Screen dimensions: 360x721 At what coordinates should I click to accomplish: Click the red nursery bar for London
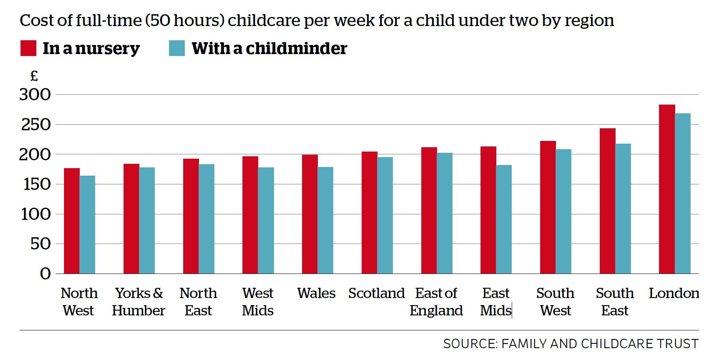pyautogui.click(x=667, y=189)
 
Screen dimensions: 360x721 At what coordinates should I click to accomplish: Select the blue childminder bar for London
pyautogui.click(x=683, y=193)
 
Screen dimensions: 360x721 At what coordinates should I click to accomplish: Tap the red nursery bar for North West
pyautogui.click(x=71, y=221)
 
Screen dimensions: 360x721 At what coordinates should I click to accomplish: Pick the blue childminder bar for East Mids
pyautogui.click(x=504, y=219)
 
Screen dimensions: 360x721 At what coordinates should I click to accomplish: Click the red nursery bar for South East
pyautogui.click(x=607, y=201)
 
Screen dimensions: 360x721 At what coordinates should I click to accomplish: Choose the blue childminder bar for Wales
pyautogui.click(x=325, y=220)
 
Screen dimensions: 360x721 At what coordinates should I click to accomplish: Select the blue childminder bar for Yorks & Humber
pyautogui.click(x=147, y=220)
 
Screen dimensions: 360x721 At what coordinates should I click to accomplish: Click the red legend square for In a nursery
pyautogui.click(x=28, y=48)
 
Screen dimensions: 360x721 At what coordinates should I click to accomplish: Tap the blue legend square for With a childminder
pyautogui.click(x=176, y=48)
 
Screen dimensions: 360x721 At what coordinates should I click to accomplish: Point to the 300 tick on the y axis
pyautogui.click(x=35, y=95)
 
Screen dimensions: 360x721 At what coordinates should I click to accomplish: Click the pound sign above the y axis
pyautogui.click(x=34, y=76)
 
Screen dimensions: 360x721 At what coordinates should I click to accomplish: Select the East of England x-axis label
pyautogui.click(x=436, y=302)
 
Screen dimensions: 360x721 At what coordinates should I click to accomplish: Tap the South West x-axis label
pyautogui.click(x=555, y=302)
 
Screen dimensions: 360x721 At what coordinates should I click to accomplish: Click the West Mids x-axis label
pyautogui.click(x=257, y=302)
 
